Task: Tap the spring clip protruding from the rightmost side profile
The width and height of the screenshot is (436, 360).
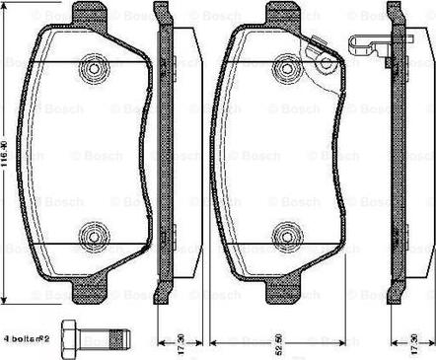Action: click(x=367, y=43)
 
